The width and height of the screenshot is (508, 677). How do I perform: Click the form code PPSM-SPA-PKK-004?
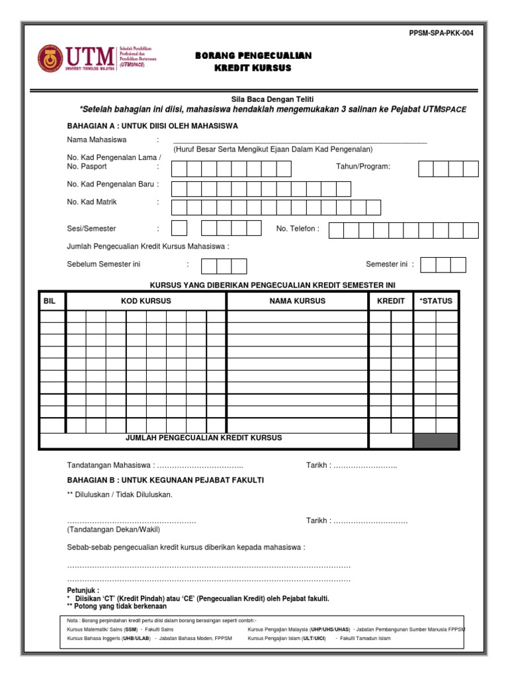[443, 32]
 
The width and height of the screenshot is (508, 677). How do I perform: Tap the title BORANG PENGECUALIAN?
[253, 56]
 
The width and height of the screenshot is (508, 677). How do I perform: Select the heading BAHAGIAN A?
[152, 126]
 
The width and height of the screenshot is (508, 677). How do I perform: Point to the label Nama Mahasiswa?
[97, 140]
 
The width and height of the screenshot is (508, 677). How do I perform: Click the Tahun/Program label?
[363, 166]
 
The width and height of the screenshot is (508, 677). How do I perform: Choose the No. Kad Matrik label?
[92, 202]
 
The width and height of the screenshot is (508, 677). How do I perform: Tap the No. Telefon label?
[298, 229]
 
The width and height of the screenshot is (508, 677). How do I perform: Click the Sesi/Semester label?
[91, 229]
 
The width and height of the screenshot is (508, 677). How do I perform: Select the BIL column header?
[50, 301]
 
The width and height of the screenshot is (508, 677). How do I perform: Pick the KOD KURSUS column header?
[146, 301]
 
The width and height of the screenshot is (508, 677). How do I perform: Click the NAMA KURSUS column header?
[297, 301]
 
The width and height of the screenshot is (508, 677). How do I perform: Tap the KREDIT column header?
[390, 301]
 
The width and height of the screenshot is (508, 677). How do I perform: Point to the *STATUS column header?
[436, 301]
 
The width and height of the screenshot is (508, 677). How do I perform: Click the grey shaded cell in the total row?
[436, 440]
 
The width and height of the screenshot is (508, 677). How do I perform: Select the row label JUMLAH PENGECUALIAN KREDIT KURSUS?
[204, 438]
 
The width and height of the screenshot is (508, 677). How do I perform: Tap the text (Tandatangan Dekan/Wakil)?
[113, 530]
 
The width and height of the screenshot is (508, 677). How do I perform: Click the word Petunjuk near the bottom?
[83, 590]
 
